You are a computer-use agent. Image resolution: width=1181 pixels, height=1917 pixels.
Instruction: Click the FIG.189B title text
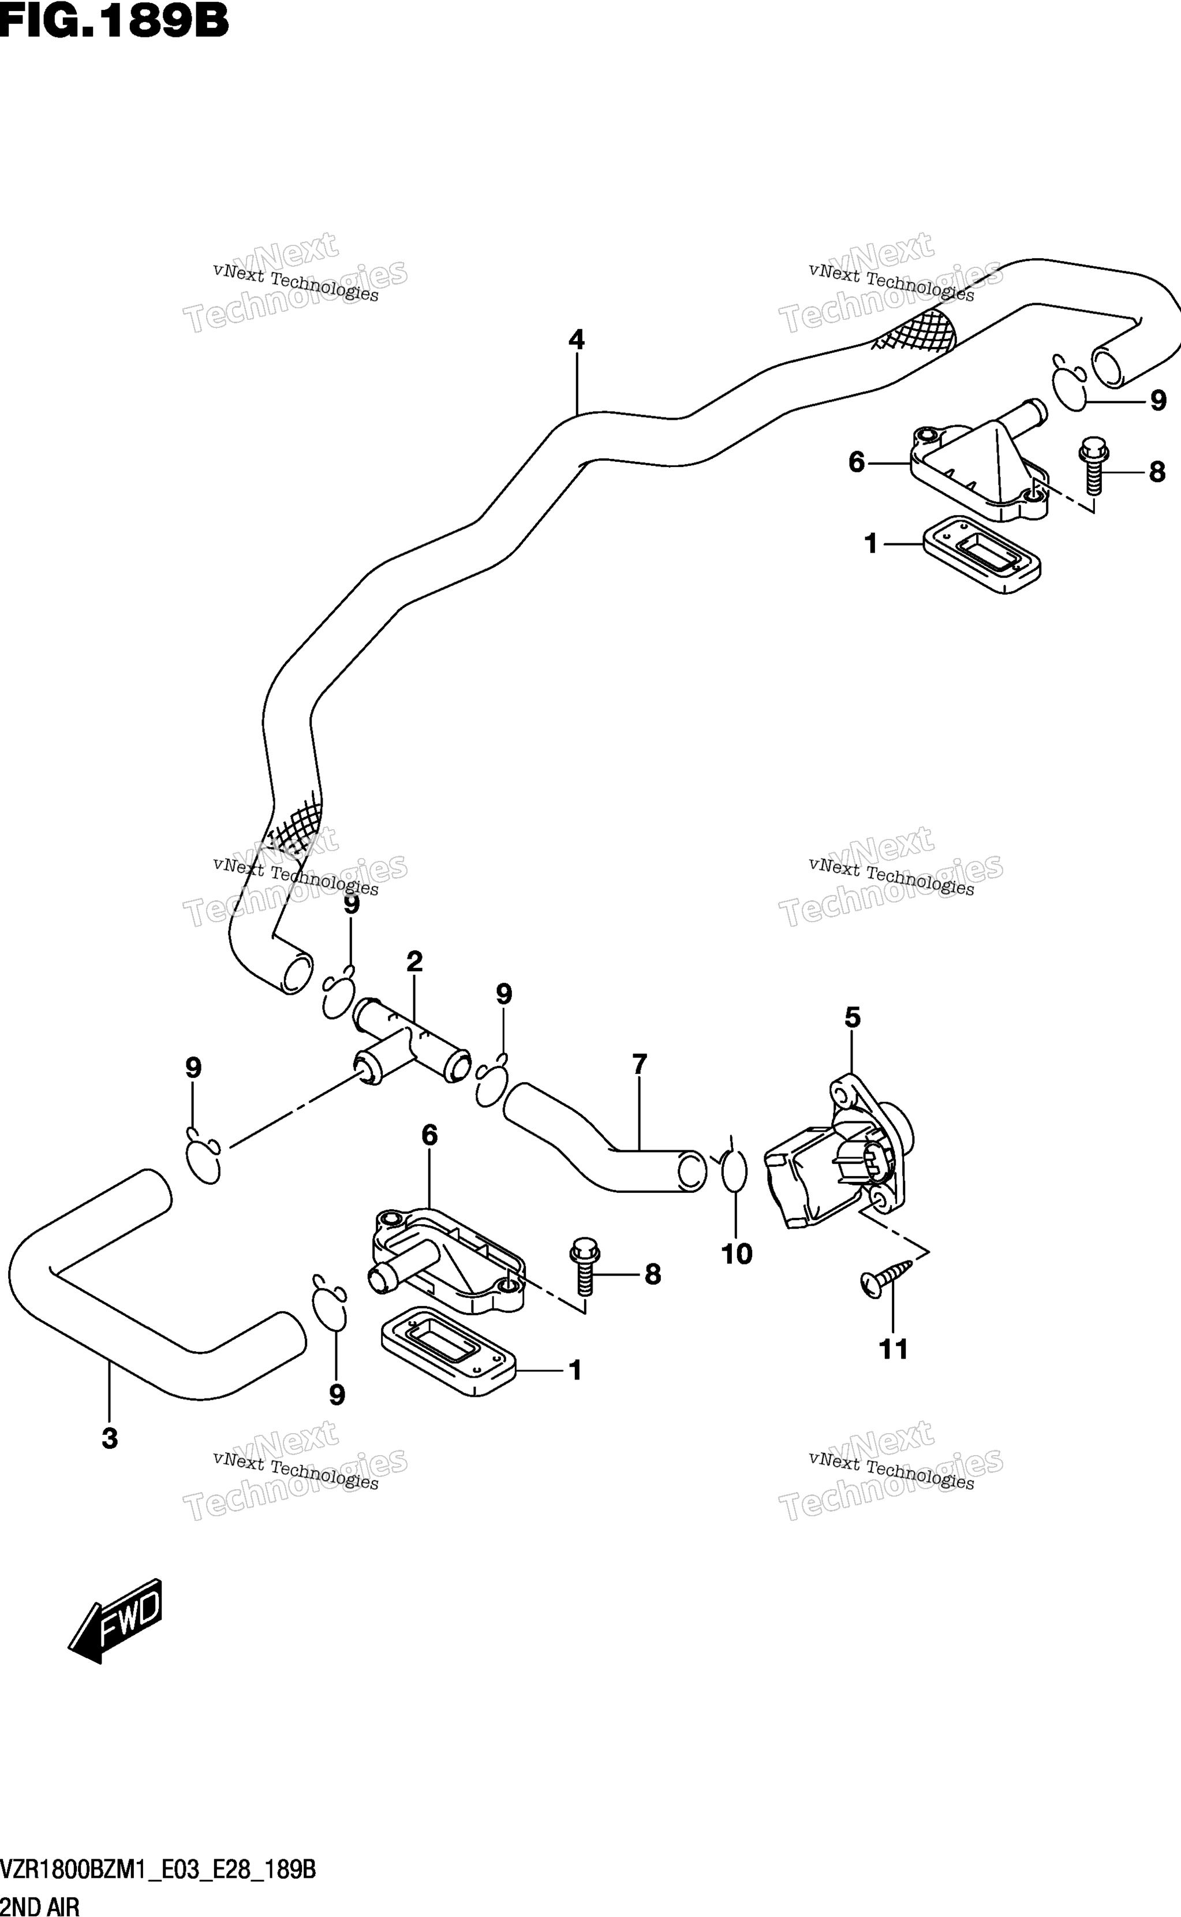[114, 21]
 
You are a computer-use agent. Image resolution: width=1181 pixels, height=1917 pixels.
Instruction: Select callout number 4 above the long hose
[577, 340]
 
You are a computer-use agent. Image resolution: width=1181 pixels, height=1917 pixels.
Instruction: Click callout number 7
[640, 1064]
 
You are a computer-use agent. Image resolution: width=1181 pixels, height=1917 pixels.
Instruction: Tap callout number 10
[737, 1254]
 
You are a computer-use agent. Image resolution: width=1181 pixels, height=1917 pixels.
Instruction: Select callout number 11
[894, 1349]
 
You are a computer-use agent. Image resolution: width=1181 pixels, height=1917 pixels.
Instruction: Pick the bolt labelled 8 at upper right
[1093, 465]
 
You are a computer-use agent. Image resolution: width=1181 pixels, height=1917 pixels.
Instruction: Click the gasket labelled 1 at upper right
[982, 558]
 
